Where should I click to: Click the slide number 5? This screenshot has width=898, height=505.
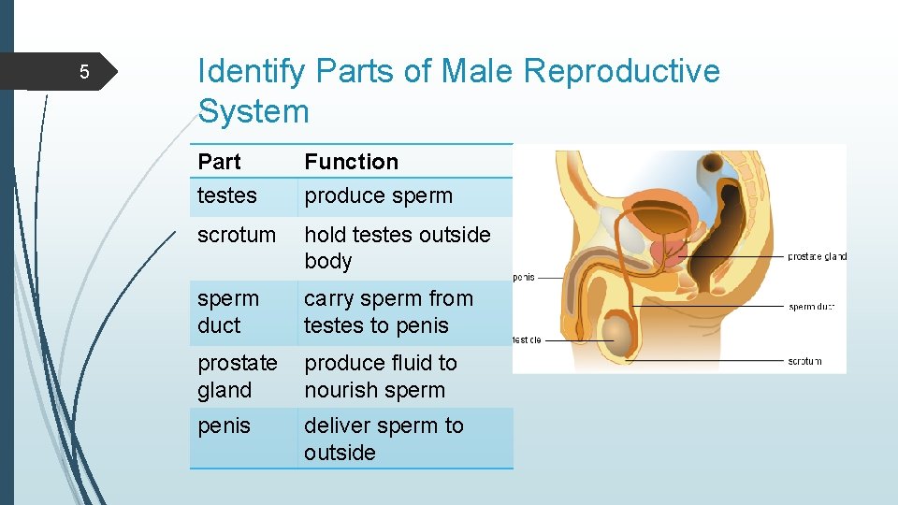click(83, 72)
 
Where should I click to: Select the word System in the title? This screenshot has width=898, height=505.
click(253, 112)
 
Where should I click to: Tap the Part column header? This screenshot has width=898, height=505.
click(219, 162)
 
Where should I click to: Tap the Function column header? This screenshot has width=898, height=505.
click(351, 162)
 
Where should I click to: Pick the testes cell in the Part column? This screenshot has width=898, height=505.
click(226, 195)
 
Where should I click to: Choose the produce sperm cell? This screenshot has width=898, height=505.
click(378, 195)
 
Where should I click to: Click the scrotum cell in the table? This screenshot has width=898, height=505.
click(237, 235)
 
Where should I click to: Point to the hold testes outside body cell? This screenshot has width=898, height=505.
click(397, 248)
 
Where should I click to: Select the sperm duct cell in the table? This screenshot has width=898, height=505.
click(227, 312)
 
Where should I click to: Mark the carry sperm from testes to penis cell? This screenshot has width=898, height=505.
click(387, 312)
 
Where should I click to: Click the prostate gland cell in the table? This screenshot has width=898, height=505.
click(237, 376)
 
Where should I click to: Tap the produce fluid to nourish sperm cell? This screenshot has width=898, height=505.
click(380, 376)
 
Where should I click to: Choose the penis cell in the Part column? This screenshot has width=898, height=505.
click(224, 426)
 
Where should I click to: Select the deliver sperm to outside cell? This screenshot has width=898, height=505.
click(384, 439)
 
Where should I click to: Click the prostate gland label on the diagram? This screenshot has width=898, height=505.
click(817, 256)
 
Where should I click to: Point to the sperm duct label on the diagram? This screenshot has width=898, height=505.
click(811, 307)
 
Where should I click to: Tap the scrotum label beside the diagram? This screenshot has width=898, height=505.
click(804, 361)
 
